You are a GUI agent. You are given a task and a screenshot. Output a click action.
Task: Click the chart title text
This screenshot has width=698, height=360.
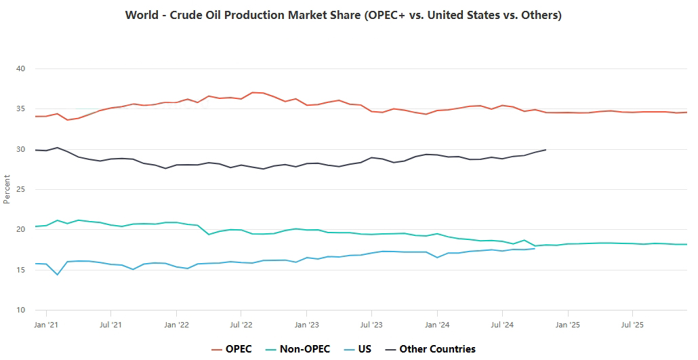(x=344, y=15)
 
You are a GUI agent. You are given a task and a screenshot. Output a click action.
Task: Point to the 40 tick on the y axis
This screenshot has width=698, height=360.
(x=20, y=68)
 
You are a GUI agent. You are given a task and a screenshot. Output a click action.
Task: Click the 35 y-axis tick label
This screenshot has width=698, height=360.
(x=20, y=109)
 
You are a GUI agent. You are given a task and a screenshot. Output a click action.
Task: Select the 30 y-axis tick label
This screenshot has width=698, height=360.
(x=20, y=149)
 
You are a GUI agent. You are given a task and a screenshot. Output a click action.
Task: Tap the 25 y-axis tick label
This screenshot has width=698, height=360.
(x=20, y=189)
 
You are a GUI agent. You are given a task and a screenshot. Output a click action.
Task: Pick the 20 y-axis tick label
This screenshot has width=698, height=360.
(x=20, y=230)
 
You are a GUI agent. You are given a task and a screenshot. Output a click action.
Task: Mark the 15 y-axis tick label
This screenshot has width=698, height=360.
(x=20, y=270)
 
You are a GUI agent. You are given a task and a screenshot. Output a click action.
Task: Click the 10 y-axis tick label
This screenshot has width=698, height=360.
(x=20, y=310)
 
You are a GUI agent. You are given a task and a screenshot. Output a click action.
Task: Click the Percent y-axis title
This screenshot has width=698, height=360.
(x=7, y=189)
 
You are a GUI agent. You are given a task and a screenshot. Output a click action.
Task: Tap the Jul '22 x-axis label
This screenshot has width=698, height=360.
(x=241, y=324)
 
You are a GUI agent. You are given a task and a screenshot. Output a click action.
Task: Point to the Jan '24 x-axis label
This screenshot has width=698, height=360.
(x=437, y=324)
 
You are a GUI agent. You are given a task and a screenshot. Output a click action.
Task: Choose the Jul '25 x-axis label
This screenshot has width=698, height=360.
(x=632, y=324)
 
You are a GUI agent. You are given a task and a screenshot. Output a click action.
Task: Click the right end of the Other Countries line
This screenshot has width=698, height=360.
(x=546, y=150)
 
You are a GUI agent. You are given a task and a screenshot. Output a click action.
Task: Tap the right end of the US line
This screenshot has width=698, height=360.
(x=535, y=249)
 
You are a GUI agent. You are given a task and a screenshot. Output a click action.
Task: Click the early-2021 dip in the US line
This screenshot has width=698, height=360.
(x=57, y=275)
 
